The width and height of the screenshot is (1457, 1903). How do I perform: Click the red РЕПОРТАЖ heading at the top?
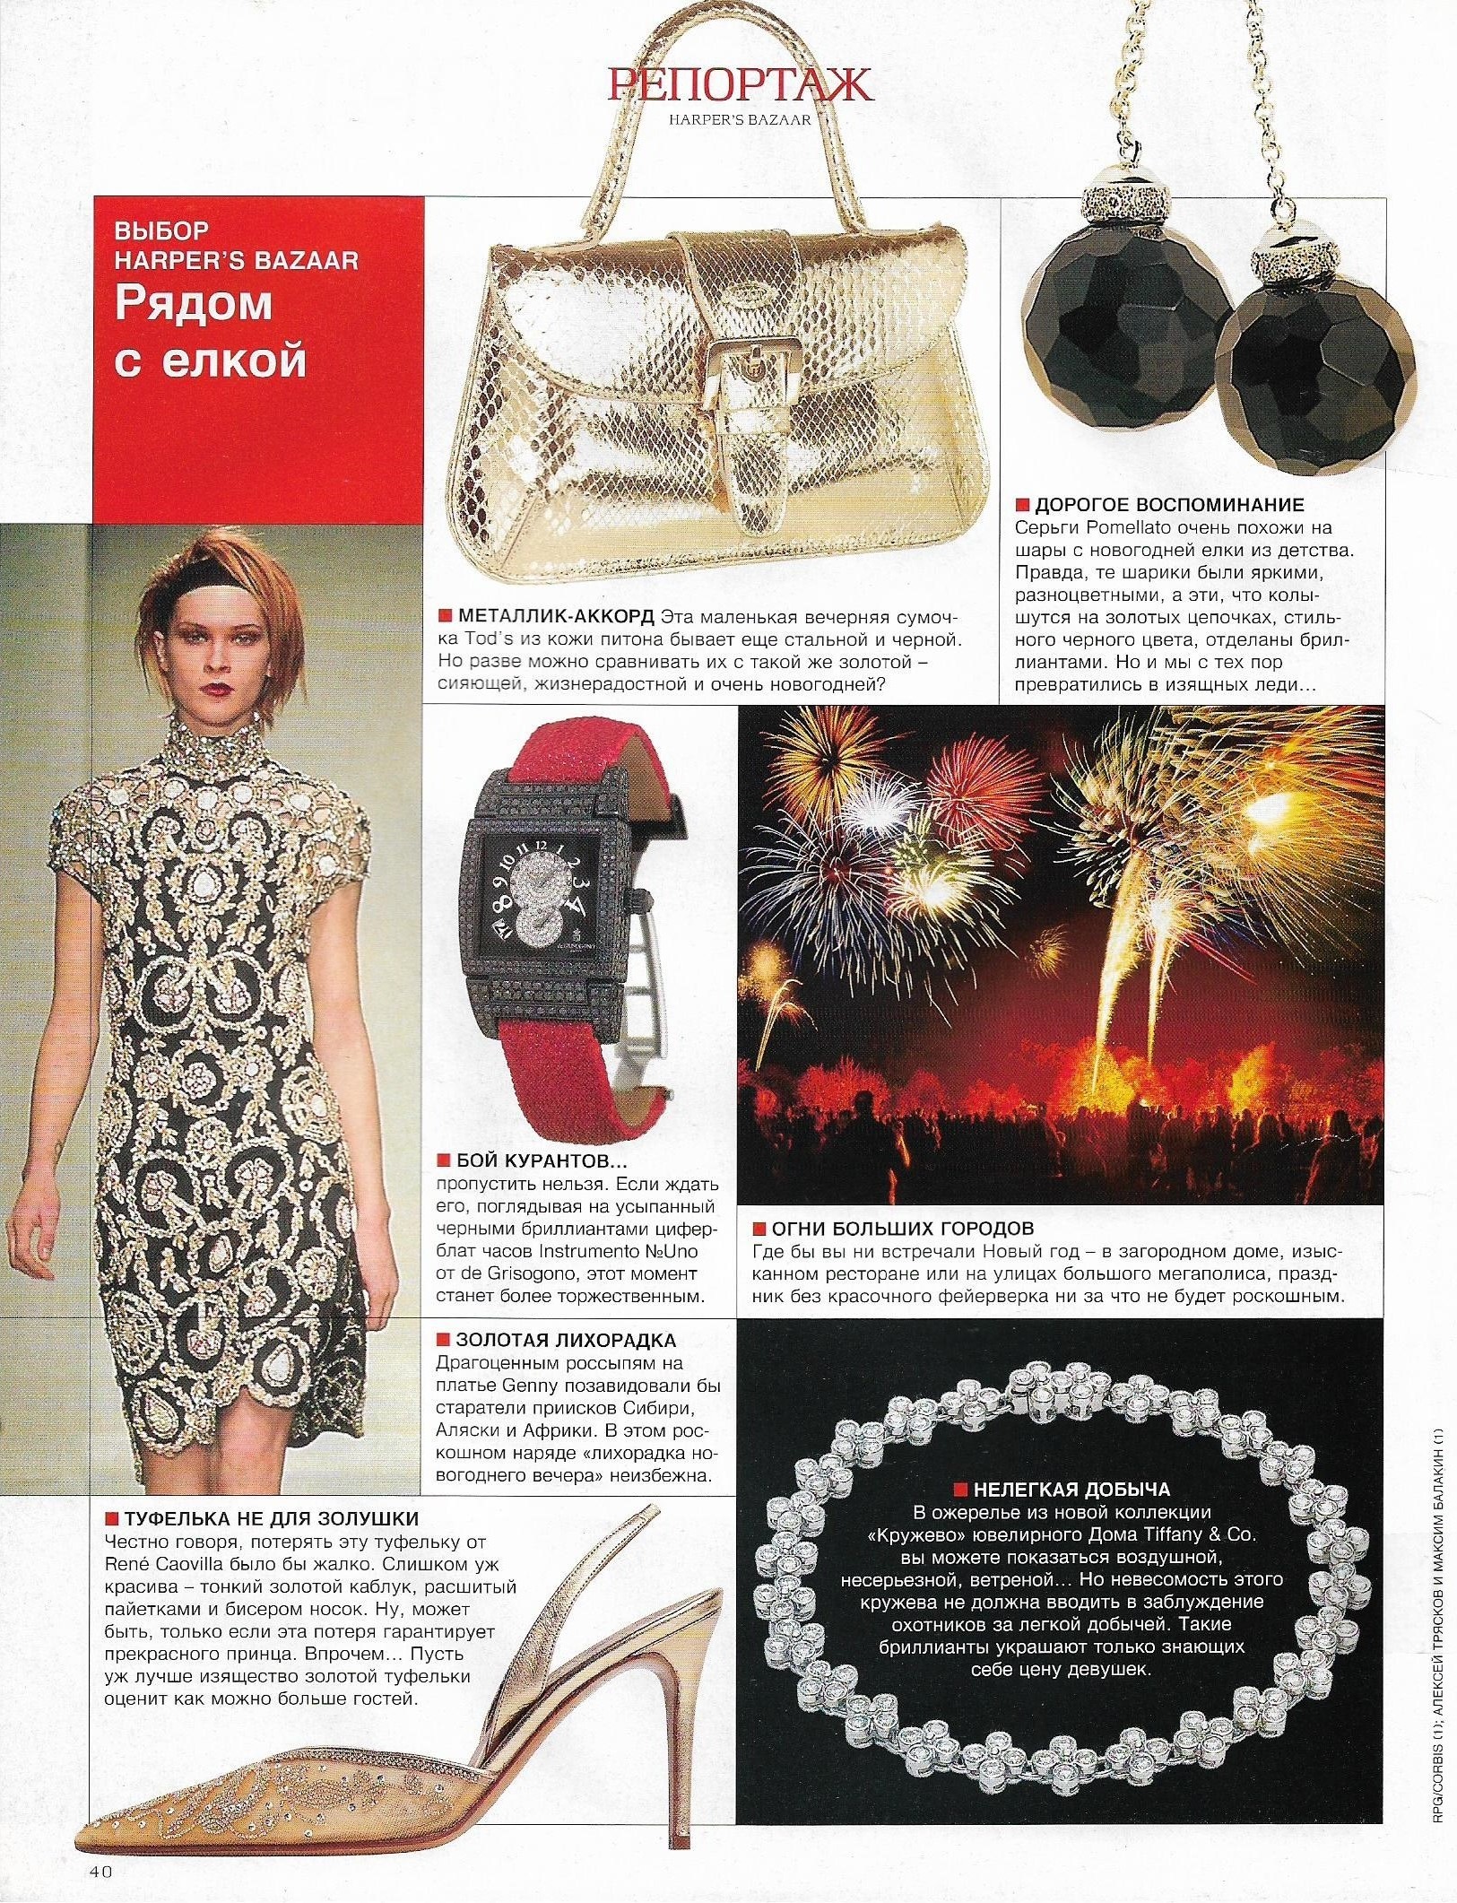click(x=739, y=85)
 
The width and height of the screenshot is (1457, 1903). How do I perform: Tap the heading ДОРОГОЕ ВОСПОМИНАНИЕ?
click(x=1169, y=504)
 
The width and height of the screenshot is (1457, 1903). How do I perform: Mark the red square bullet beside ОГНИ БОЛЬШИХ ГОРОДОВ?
click(x=759, y=1228)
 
